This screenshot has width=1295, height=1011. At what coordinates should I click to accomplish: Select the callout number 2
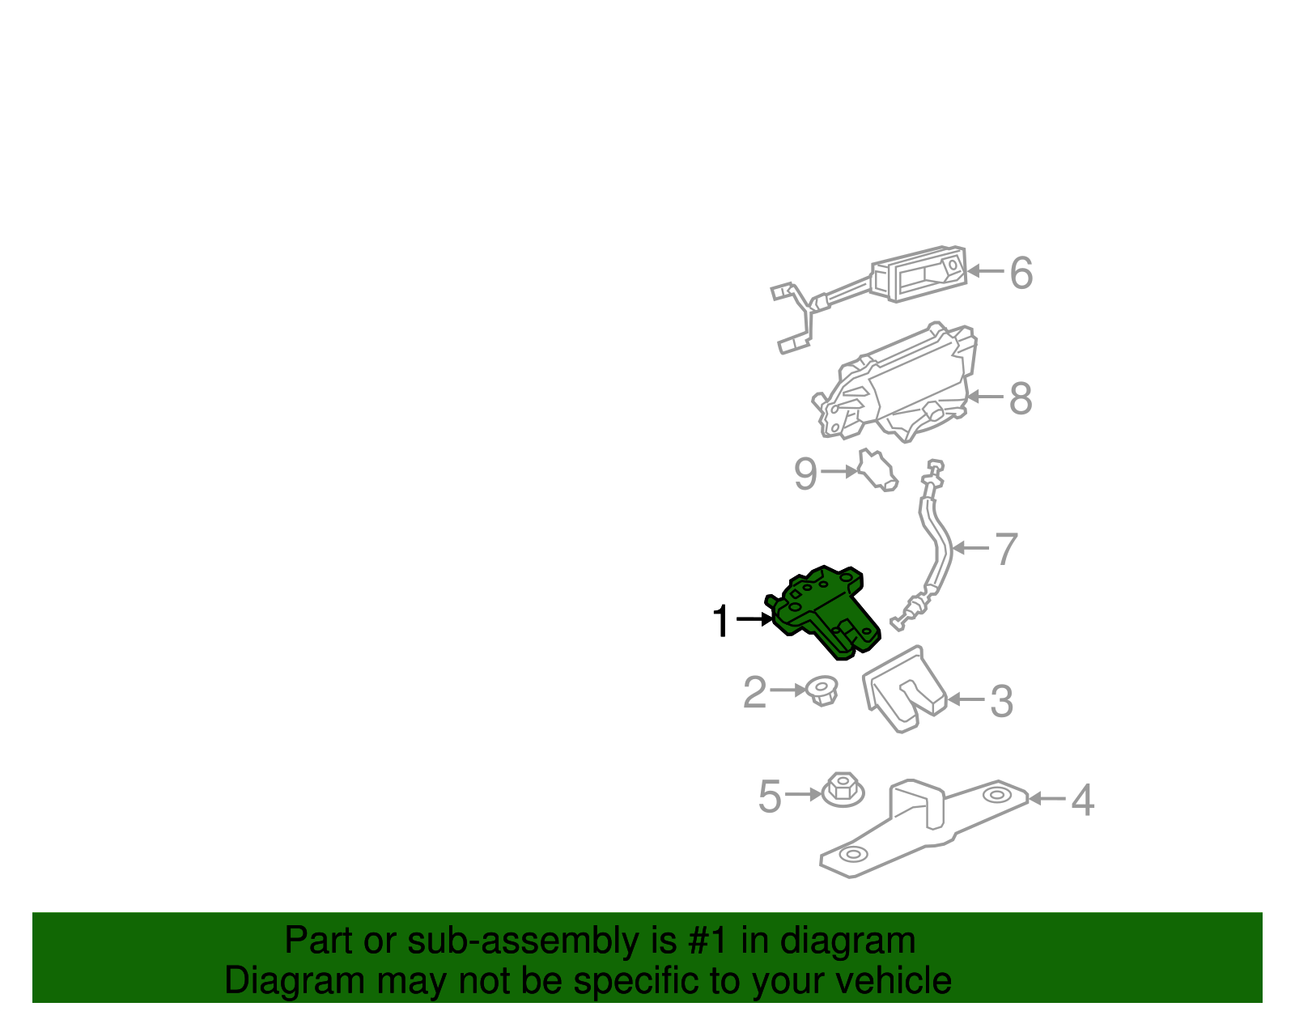tap(754, 693)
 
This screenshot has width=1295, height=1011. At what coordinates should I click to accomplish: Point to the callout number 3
tap(1001, 701)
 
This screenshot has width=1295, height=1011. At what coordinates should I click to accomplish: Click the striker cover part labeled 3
tap(902, 690)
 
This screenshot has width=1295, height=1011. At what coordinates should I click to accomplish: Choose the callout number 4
tap(1082, 801)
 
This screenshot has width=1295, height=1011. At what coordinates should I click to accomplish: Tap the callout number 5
tap(769, 796)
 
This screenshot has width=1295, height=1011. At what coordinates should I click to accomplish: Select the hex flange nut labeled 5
tap(843, 789)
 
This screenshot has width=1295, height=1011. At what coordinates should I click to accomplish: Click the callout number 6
tap(1021, 273)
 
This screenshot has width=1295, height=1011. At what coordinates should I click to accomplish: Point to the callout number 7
tap(1005, 550)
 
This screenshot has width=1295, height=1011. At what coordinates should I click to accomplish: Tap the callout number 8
tap(1021, 398)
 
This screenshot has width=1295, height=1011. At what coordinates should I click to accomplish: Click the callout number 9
tap(805, 474)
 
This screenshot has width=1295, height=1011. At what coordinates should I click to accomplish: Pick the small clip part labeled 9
tap(876, 472)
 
